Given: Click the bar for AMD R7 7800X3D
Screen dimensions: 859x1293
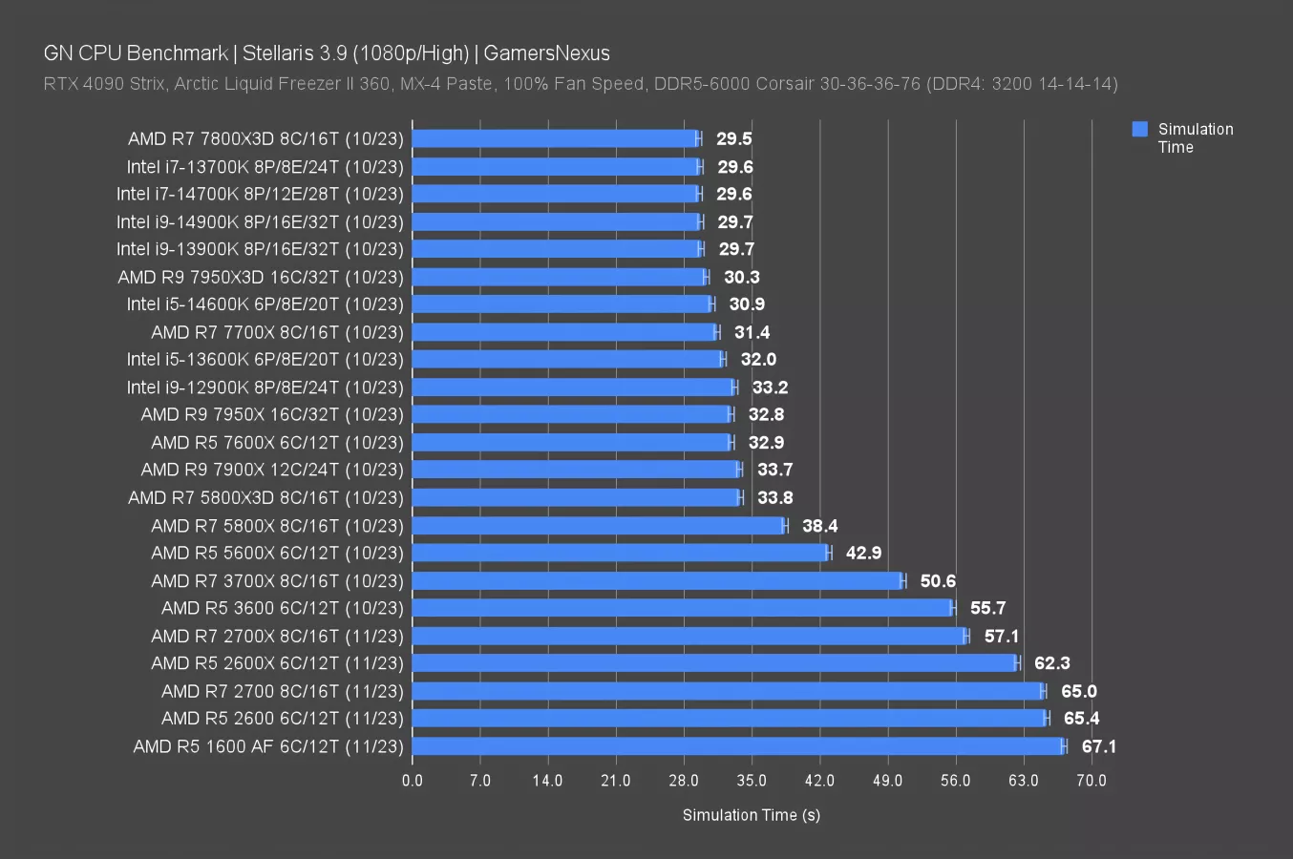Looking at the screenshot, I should pyautogui.click(x=554, y=138).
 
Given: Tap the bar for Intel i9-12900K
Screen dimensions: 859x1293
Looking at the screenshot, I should pyautogui.click(x=573, y=387).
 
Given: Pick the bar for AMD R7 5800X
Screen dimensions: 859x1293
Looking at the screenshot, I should pyautogui.click(x=598, y=525).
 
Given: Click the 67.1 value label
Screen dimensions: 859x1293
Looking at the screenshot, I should pyautogui.click(x=1098, y=746).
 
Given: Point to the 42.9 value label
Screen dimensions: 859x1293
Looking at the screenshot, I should pyautogui.click(x=863, y=553).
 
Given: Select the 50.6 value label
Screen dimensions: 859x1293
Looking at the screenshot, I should pyautogui.click(x=938, y=580).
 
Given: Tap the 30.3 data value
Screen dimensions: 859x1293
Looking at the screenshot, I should pyautogui.click(x=741, y=277).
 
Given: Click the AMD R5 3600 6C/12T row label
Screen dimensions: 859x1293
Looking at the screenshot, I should pyautogui.click(x=282, y=608).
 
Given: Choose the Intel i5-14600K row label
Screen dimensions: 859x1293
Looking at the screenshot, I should pyautogui.click(x=265, y=304).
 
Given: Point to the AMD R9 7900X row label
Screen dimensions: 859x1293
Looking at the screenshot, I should pyautogui.click(x=271, y=470).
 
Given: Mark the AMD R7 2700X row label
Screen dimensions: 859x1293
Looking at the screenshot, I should pyautogui.click(x=277, y=636).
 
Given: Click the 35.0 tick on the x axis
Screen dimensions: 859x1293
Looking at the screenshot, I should pyautogui.click(x=752, y=781).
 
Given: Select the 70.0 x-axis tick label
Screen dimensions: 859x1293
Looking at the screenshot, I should pyautogui.click(x=1092, y=781).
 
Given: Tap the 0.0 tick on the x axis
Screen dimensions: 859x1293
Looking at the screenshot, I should pyautogui.click(x=413, y=781).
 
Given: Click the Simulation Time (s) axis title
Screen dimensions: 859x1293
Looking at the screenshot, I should pyautogui.click(x=752, y=815).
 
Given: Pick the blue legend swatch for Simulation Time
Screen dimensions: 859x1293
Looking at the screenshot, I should pyautogui.click(x=1139, y=130).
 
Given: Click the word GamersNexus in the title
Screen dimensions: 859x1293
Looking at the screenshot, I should pyautogui.click(x=546, y=53).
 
